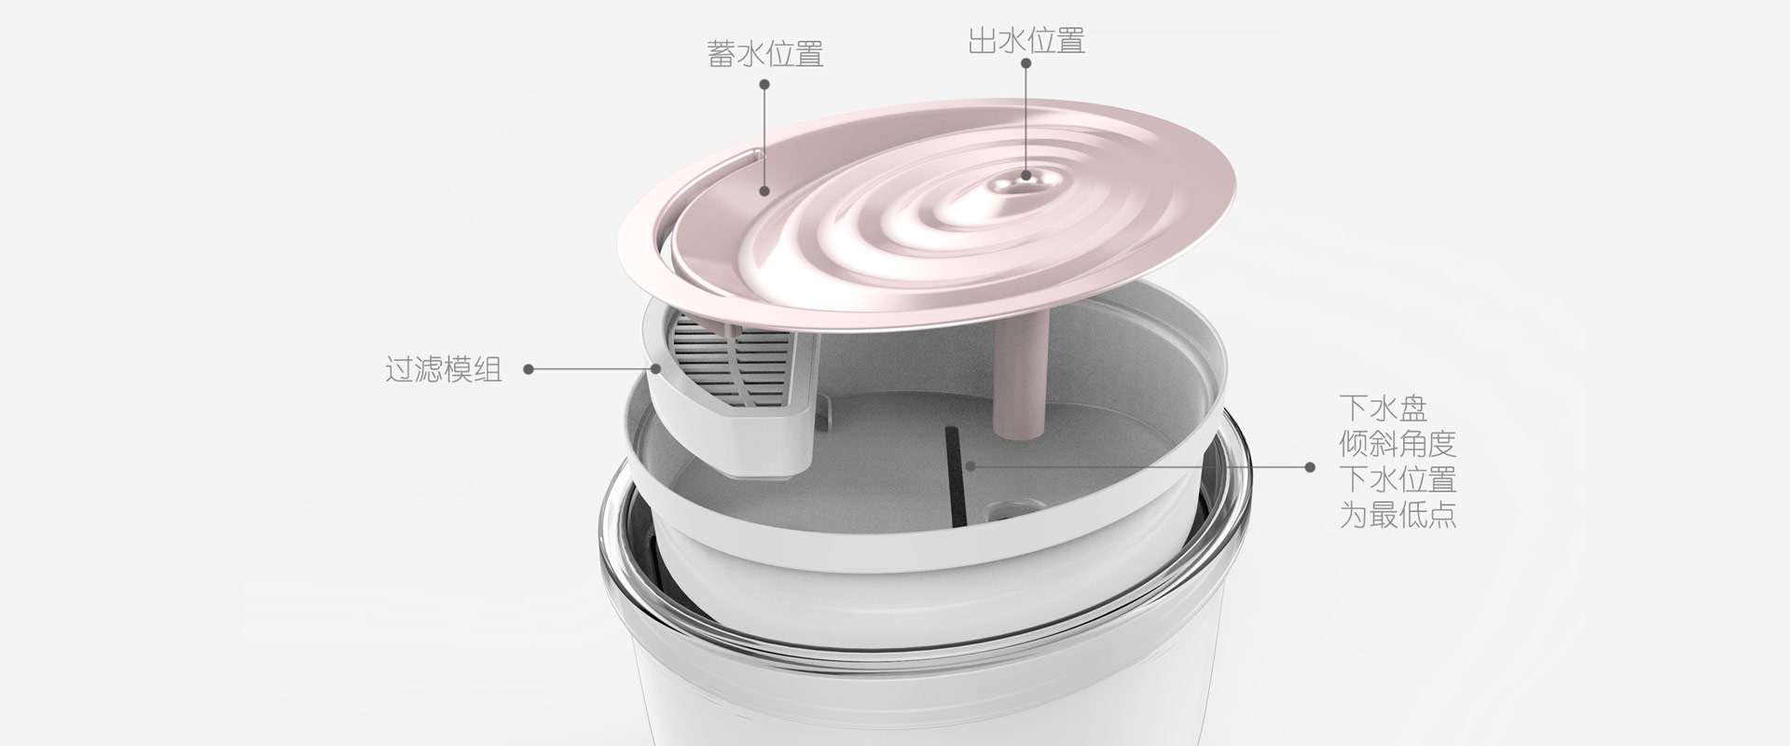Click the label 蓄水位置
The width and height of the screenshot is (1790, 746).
tap(765, 54)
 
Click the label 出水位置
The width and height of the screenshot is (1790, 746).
tap(1026, 41)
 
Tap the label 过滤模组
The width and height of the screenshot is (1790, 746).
tap(444, 369)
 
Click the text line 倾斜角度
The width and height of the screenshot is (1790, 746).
tap(1398, 443)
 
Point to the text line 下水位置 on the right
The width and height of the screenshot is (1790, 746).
tap(1398, 479)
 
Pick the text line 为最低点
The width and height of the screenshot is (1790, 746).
tap(1398, 515)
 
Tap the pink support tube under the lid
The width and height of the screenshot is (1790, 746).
tap(1022, 373)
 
